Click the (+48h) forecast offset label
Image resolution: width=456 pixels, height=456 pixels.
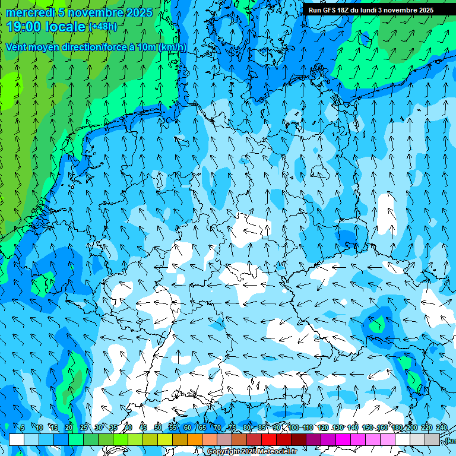pyautogui.click(x=103, y=27)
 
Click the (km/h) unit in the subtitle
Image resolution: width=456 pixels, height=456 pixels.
pyautogui.click(x=173, y=47)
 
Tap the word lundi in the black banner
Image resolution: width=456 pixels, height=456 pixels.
pyautogui.click(x=378, y=10)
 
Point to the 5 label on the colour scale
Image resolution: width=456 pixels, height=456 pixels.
pyautogui.click(x=23, y=427)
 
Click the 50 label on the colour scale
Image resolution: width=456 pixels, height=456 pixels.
pyautogui.click(x=158, y=427)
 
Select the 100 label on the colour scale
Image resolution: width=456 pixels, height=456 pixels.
pyautogui.click(x=293, y=427)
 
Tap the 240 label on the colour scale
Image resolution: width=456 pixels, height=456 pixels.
pyautogui.click(x=442, y=427)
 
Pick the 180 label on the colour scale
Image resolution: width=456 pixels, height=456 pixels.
pyautogui.click(x=397, y=427)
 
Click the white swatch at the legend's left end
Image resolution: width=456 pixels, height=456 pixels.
pyautogui.click(x=17, y=439)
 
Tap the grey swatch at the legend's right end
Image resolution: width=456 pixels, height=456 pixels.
pyautogui.click(x=432, y=439)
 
